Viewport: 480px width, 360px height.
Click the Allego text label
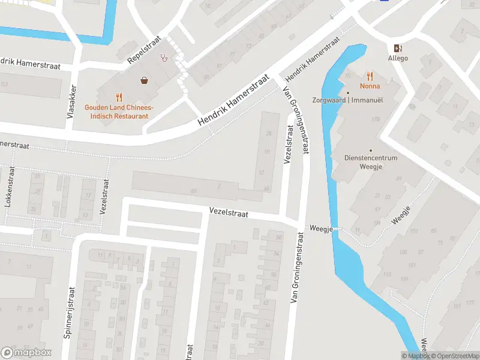pyautogui.click(x=398, y=58)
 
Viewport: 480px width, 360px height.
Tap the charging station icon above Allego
pyautogui.click(x=398, y=48)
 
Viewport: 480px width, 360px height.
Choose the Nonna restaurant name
pyautogui.click(x=370, y=86)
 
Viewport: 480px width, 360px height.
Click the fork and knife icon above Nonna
pyautogui.click(x=370, y=76)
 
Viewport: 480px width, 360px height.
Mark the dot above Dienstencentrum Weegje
pyautogui.click(x=371, y=150)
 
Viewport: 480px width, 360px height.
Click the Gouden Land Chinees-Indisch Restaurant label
pyautogui.click(x=118, y=111)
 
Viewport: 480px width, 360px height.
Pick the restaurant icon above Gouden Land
pyautogui.click(x=119, y=97)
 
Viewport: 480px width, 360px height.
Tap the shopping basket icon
pyautogui.click(x=145, y=80)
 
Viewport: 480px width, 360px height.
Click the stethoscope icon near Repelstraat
pyautogui.click(x=164, y=58)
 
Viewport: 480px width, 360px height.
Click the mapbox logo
pyautogui.click(x=26, y=352)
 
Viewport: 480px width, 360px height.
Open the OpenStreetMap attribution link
pyautogui.click(x=454, y=356)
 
